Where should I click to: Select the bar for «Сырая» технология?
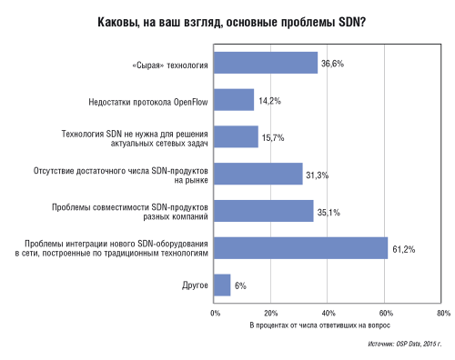(x=267, y=63)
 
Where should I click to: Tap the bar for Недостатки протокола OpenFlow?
(x=235, y=100)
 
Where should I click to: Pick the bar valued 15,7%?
(x=237, y=136)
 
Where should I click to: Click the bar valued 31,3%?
(x=258, y=174)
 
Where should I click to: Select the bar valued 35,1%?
(x=264, y=211)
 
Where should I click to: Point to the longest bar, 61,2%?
(x=301, y=247)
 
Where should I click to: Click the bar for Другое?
(x=223, y=285)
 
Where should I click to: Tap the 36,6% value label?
(x=332, y=64)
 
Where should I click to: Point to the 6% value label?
(x=240, y=285)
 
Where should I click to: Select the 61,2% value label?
(x=402, y=248)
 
